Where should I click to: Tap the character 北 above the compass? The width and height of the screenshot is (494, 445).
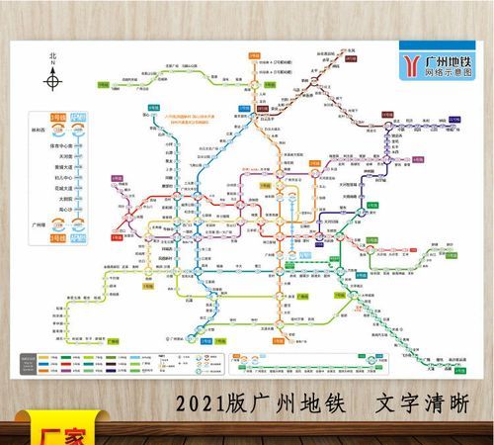tap(54, 57)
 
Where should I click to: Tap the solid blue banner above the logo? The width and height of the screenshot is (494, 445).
tap(428, 44)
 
